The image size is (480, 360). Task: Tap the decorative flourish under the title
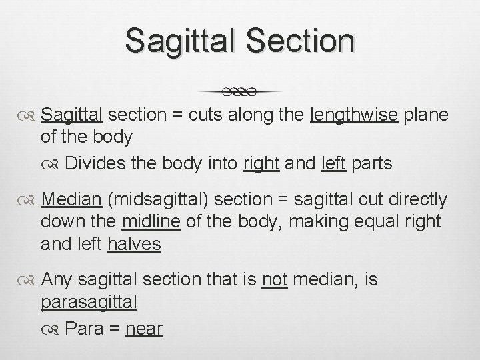tap(241, 91)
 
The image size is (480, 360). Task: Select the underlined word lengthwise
tap(355, 115)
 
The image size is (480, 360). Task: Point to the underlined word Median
tap(69, 200)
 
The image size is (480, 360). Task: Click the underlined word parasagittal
tap(89, 302)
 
